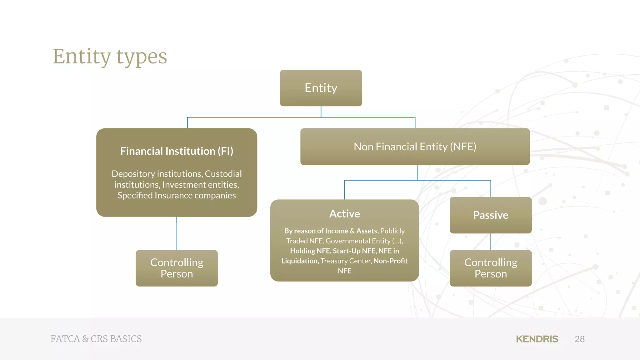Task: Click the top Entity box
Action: (x=321, y=88)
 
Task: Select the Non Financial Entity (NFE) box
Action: (x=415, y=147)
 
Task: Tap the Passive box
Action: (x=490, y=215)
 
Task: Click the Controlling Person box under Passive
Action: (x=490, y=268)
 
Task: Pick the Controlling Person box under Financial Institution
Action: (x=177, y=268)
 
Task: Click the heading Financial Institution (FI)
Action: (x=177, y=151)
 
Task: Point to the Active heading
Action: (x=344, y=214)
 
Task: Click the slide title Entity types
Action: (x=110, y=57)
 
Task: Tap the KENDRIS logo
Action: (x=537, y=339)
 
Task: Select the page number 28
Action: (x=579, y=339)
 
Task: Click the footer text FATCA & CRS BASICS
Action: (x=96, y=339)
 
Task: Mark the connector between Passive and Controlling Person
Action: (x=491, y=242)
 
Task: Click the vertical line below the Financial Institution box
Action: (x=177, y=233)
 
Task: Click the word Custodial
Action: (x=223, y=174)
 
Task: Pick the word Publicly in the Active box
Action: (x=392, y=231)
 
